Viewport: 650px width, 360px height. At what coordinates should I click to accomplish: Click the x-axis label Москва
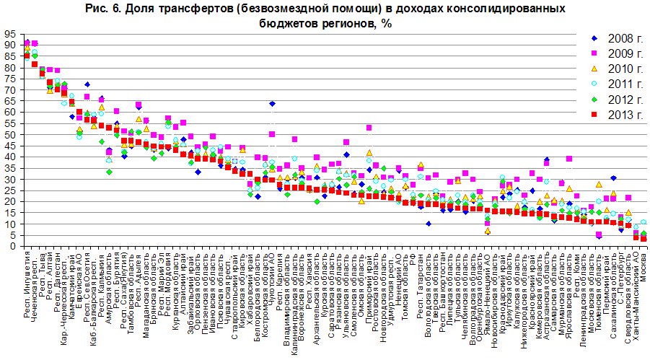click(x=644, y=267)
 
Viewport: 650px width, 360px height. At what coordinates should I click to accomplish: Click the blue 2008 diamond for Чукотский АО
click(x=272, y=104)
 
